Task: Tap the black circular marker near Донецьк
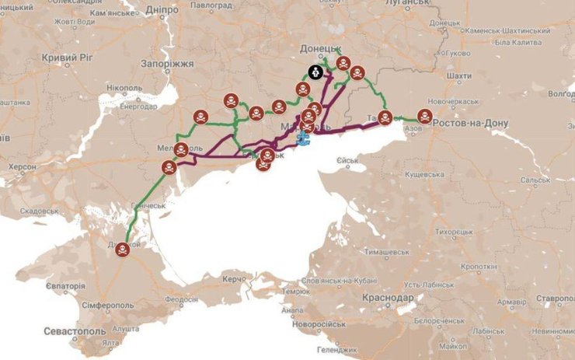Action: pos(316,72)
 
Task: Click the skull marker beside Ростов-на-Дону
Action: pos(425,117)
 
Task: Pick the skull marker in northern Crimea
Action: pos(123,249)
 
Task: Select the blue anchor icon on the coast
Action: pos(303,138)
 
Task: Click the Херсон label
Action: pos(22,166)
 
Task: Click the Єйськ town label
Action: pos(347,161)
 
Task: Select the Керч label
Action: pos(234,278)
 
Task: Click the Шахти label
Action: pos(459,76)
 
